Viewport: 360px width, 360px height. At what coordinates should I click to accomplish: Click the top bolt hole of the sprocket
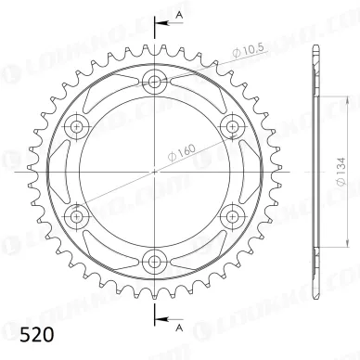[x=154, y=82]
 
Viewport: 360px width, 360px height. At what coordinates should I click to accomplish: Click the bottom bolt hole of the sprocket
[x=154, y=261]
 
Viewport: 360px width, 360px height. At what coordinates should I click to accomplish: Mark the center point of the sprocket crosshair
[x=154, y=172]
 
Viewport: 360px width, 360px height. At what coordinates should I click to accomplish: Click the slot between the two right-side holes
[x=242, y=172]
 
